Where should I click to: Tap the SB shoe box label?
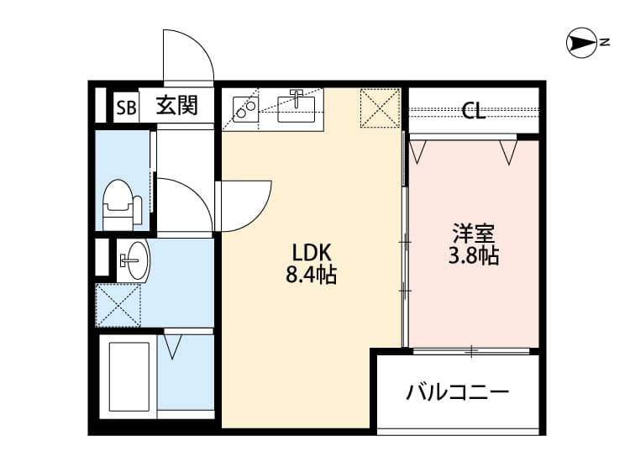tap(126, 107)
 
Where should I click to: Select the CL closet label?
tap(473, 111)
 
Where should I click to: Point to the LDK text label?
tap(312, 252)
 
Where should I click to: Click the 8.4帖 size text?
tap(312, 275)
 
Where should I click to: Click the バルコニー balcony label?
tap(458, 392)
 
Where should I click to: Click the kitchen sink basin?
tap(297, 108)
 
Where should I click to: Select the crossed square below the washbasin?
tap(118, 305)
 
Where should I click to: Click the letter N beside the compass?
tap(604, 43)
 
